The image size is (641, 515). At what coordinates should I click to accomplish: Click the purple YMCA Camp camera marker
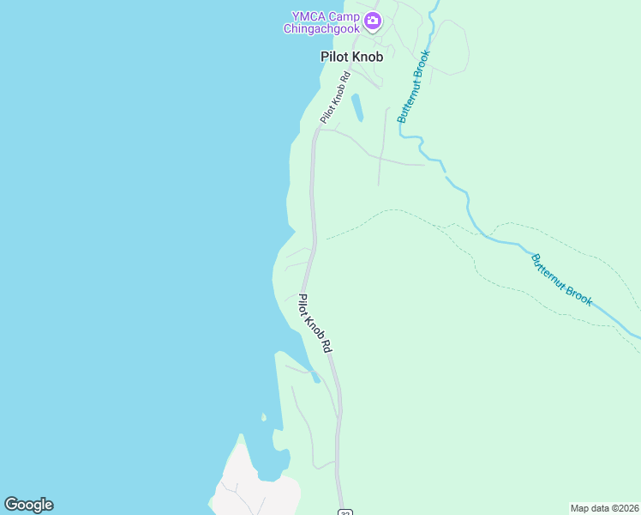(373, 21)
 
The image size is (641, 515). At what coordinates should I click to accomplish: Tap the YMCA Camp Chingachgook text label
(324, 21)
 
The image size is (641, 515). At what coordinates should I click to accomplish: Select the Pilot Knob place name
(351, 57)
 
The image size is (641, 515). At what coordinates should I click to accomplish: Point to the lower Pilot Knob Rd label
(315, 324)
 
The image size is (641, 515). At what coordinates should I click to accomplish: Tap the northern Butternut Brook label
(413, 86)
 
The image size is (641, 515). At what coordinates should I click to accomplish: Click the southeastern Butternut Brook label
(561, 280)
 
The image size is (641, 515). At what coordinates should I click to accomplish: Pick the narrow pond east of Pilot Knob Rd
(357, 107)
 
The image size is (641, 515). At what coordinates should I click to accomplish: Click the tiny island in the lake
(264, 418)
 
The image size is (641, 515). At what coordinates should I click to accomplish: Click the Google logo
(28, 505)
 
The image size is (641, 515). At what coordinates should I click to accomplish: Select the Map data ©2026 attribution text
(605, 508)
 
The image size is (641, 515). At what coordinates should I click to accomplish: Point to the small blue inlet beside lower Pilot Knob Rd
(315, 376)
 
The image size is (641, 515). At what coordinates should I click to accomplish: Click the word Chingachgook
(323, 28)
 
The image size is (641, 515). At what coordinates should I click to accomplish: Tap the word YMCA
(305, 15)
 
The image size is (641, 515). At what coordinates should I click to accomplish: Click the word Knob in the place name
(368, 57)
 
